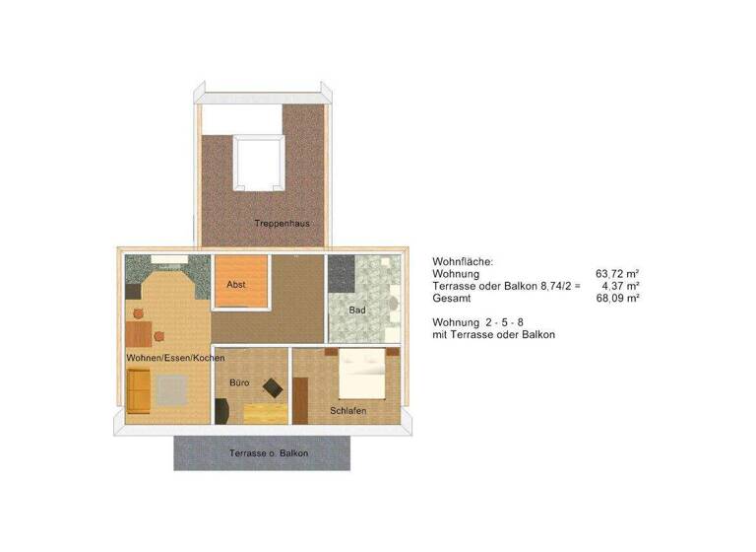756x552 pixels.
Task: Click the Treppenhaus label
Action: click(x=282, y=224)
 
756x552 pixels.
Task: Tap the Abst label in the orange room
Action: click(x=236, y=285)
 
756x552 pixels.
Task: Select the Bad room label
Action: click(x=357, y=310)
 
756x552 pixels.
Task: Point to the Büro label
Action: click(x=239, y=381)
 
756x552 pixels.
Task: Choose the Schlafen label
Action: click(x=348, y=409)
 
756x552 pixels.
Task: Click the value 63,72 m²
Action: click(x=618, y=273)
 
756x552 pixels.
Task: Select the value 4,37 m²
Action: click(x=620, y=285)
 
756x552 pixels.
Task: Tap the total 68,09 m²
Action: click(x=618, y=297)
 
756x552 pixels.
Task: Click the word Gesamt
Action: click(x=452, y=297)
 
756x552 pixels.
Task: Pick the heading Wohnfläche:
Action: click(x=463, y=261)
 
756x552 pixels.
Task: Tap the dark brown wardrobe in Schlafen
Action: click(x=300, y=395)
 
